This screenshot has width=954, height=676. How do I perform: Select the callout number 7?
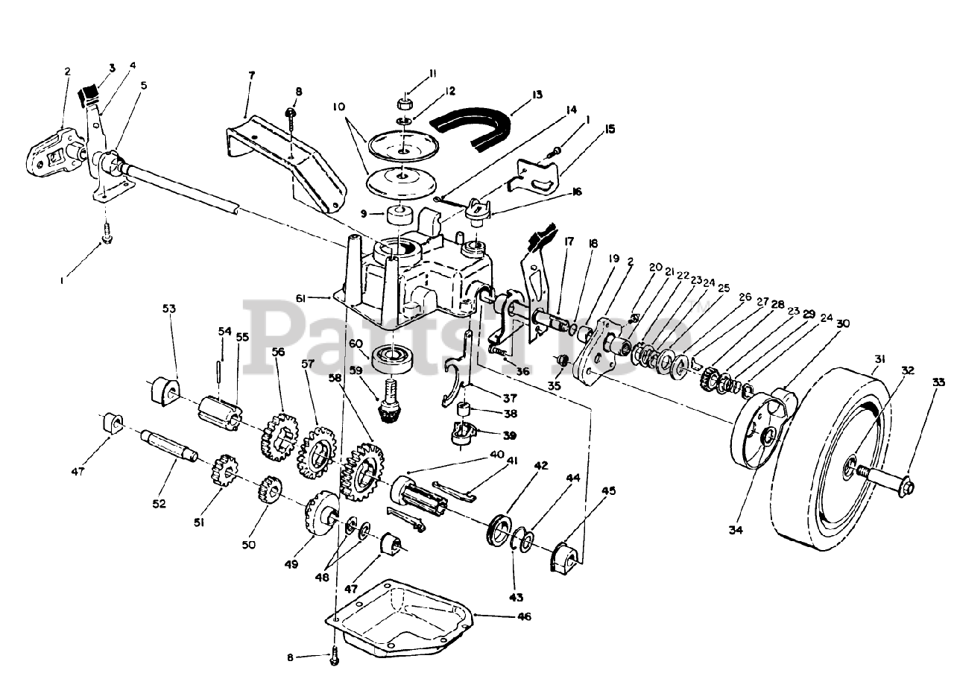[251, 75]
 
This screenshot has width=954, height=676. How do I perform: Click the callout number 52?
[159, 505]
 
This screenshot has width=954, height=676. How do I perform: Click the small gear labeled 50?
[270, 493]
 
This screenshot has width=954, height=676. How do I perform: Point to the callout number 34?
[736, 530]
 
